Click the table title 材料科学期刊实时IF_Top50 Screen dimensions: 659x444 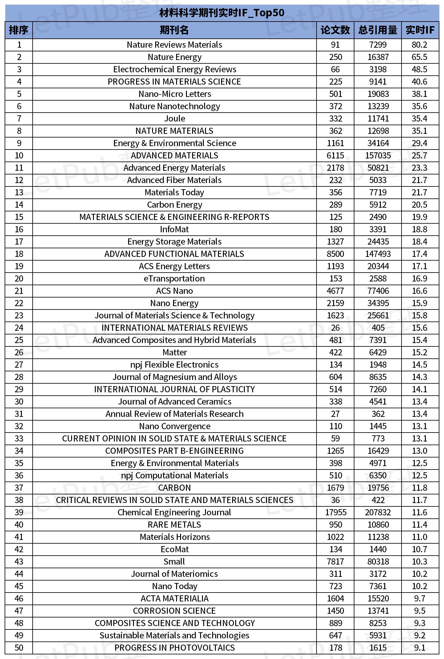click(222, 13)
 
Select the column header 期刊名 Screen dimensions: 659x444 click(174, 30)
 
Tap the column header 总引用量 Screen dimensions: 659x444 click(378, 30)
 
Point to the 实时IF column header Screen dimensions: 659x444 click(420, 30)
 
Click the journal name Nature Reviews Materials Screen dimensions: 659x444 click(174, 45)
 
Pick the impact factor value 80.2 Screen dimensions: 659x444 click(419, 45)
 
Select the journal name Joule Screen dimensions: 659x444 click(175, 119)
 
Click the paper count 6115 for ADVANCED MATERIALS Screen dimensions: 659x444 click(335, 156)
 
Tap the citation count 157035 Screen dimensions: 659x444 click(378, 156)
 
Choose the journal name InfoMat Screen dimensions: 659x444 click(174, 230)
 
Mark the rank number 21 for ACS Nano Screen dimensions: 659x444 click(19, 291)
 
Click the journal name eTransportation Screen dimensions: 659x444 click(174, 279)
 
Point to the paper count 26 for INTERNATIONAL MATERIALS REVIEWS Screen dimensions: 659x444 click(335, 328)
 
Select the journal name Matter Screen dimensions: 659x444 click(175, 353)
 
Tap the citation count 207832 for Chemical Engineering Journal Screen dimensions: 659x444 click(378, 513)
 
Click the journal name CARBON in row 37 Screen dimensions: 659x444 click(174, 488)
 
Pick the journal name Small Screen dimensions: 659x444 click(174, 562)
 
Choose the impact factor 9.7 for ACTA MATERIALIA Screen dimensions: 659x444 click(419, 599)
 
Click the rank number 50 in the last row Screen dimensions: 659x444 click(19, 648)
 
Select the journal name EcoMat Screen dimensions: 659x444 click(175, 549)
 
